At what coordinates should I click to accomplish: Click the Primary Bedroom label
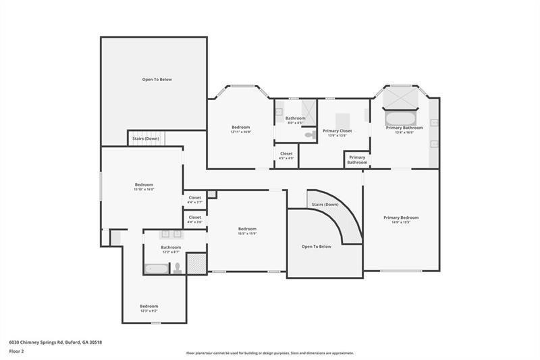click(401, 217)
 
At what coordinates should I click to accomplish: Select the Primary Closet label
click(337, 131)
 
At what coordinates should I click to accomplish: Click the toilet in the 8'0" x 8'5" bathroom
click(309, 135)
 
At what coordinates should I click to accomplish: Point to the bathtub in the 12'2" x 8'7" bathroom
click(156, 268)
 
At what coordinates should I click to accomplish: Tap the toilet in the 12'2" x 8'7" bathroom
click(177, 268)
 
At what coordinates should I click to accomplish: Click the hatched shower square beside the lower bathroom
click(196, 263)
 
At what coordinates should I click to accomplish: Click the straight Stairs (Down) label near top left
click(146, 138)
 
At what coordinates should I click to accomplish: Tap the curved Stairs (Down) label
click(325, 204)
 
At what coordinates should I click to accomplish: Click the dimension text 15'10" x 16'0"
click(144, 190)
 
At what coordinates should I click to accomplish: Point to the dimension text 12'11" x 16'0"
click(241, 132)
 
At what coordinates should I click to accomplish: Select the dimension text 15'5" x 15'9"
click(247, 234)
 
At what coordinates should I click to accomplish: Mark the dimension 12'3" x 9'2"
click(149, 311)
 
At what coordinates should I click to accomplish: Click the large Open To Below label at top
click(157, 80)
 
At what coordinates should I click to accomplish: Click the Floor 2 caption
click(17, 352)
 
